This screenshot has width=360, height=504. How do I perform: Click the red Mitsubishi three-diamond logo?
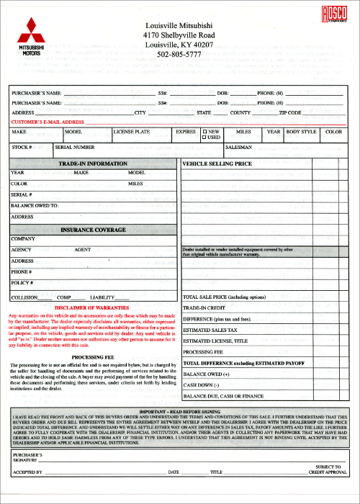[x=30, y=32]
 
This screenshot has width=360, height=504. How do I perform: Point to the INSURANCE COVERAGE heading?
[x=93, y=230]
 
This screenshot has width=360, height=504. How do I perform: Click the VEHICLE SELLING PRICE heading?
[x=217, y=164]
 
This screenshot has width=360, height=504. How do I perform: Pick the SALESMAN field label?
[x=239, y=147]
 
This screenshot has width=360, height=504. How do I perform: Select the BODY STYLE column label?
[x=301, y=132]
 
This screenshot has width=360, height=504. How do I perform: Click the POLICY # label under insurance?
[x=23, y=283]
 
